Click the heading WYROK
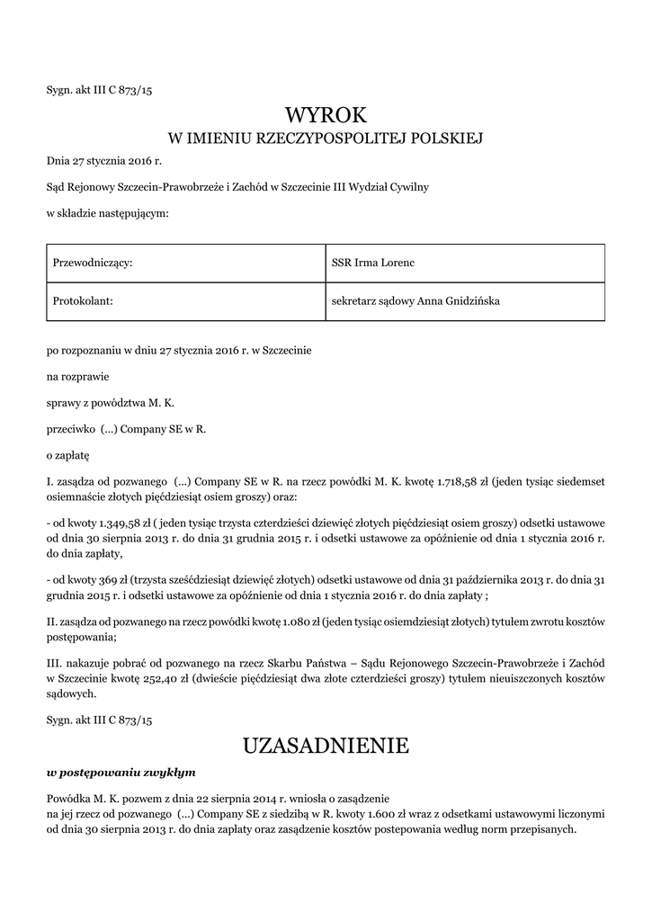pos(326,114)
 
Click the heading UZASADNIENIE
pos(326,745)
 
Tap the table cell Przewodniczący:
pos(94,263)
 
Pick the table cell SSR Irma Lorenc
pos(372,263)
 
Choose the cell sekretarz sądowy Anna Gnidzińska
pos(415,301)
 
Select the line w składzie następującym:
pos(108,213)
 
